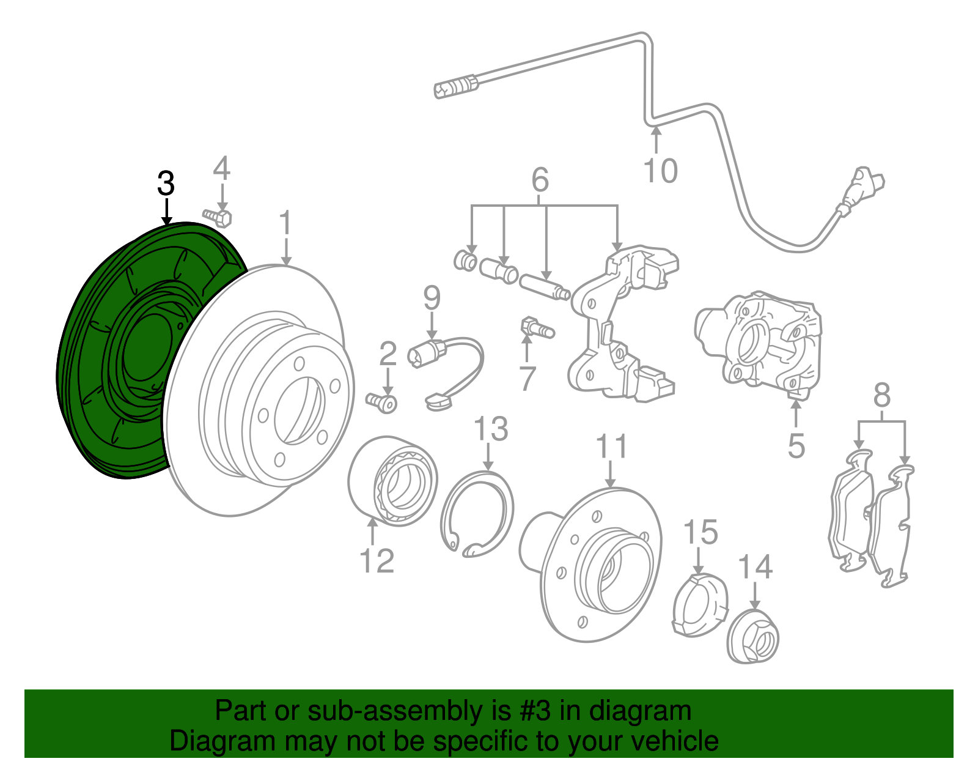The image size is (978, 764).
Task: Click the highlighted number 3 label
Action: click(x=166, y=184)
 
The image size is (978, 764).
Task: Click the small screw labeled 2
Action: click(x=382, y=402)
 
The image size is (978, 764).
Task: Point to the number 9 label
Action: click(x=432, y=298)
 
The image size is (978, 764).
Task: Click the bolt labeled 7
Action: click(x=535, y=329)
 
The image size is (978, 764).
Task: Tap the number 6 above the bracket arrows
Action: click(x=540, y=180)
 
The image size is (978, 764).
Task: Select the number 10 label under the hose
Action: click(x=661, y=170)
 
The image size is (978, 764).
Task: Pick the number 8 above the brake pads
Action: click(x=881, y=396)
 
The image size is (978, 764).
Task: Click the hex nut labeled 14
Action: click(x=753, y=636)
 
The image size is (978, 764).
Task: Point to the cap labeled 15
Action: click(x=699, y=606)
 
